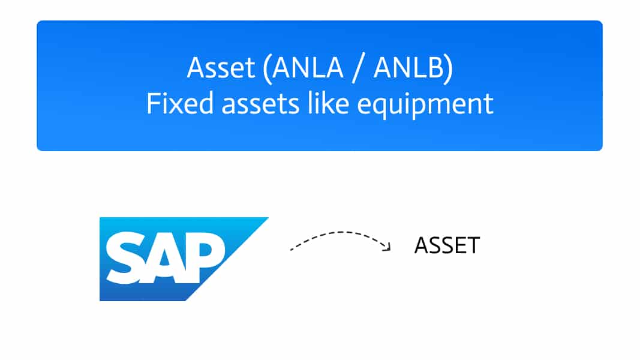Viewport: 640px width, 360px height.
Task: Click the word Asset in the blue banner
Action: click(221, 67)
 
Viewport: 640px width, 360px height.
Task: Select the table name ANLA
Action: click(308, 67)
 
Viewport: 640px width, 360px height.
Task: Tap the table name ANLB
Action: click(408, 67)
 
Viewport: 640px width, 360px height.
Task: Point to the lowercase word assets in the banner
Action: click(260, 105)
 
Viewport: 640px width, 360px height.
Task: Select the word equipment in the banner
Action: click(425, 106)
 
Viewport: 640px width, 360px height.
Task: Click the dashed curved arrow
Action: click(340, 232)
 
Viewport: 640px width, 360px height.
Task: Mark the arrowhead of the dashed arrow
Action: click(387, 246)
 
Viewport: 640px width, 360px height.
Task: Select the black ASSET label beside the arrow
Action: click(447, 245)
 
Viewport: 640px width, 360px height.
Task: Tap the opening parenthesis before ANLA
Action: click(267, 70)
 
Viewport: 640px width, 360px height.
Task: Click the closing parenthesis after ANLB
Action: click(449, 70)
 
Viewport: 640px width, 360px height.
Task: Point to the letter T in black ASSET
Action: click(473, 245)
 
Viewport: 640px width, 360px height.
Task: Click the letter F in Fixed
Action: click(153, 103)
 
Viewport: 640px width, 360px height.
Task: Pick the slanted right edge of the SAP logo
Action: click(227, 259)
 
